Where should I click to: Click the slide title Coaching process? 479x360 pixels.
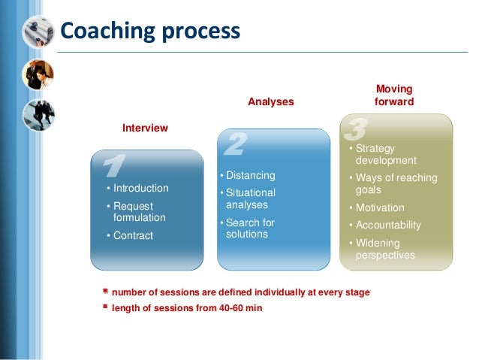pos(150,32)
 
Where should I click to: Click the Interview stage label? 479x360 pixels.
pos(145,129)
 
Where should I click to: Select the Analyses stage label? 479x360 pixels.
pos(271,101)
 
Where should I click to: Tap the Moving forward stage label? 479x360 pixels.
pos(393,95)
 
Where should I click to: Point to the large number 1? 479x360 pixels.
pos(112,166)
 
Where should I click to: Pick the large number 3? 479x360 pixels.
pos(354,130)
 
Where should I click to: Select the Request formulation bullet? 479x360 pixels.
pos(139,211)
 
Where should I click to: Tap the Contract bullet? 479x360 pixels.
pos(132,235)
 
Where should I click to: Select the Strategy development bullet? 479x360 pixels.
pos(385,155)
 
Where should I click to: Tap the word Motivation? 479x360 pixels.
pos(380,207)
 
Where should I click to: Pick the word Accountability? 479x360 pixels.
pos(388,225)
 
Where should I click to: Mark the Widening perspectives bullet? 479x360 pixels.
pos(384,249)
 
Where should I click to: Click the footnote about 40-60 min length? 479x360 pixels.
pos(187,308)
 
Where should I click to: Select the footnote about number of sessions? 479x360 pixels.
pos(240,292)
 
